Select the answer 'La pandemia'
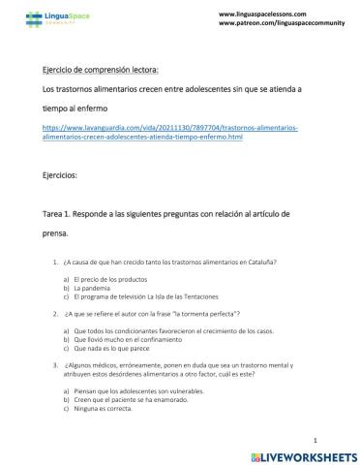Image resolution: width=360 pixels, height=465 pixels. (98, 288)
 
